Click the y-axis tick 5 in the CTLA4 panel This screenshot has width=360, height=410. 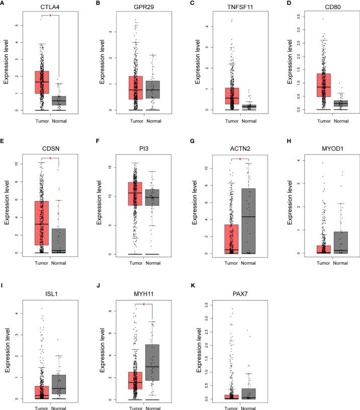click(19, 25)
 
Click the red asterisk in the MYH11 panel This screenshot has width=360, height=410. click(144, 304)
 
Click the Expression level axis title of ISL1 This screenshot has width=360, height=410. click(8, 349)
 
